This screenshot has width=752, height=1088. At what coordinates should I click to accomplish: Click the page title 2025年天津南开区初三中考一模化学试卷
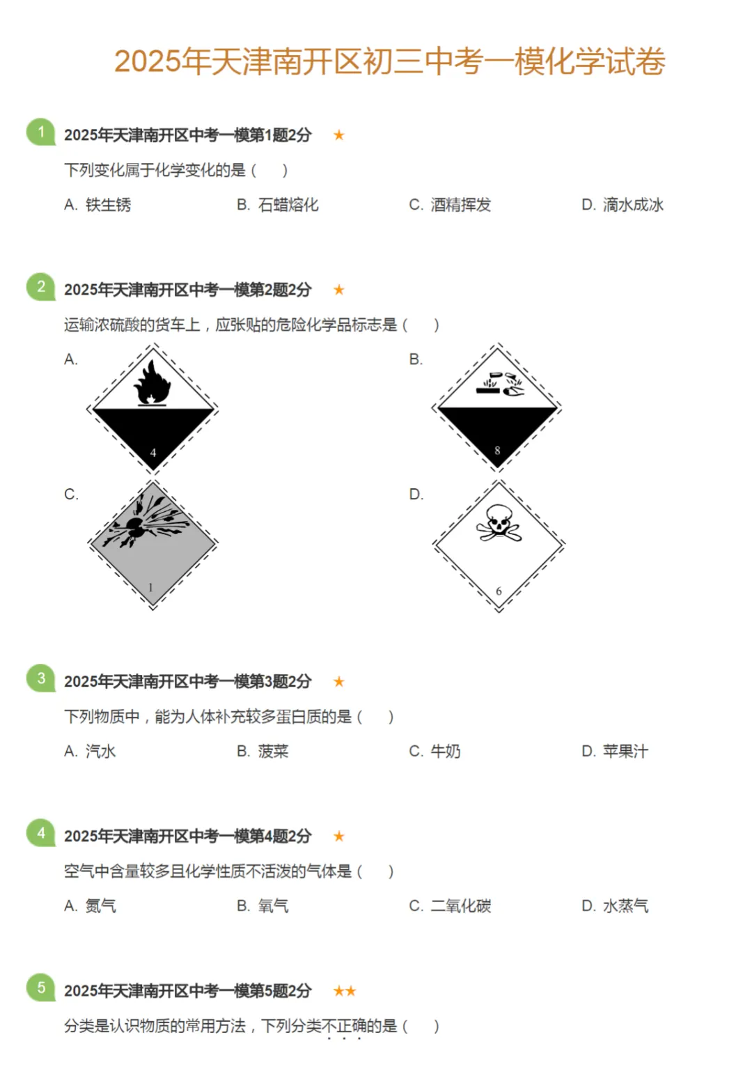(389, 62)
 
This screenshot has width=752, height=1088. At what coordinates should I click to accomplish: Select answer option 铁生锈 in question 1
(107, 205)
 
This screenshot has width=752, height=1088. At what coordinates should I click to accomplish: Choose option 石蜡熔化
(288, 205)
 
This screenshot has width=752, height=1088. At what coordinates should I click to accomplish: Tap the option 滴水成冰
(632, 205)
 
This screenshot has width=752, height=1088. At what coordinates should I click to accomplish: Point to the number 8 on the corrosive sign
(497, 451)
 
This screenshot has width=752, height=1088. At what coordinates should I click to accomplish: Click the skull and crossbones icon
(499, 523)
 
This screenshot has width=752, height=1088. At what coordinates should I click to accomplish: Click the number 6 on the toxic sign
(499, 591)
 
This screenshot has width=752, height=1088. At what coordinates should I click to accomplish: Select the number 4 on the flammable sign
(153, 453)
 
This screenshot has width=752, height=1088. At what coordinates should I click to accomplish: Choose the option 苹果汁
(625, 752)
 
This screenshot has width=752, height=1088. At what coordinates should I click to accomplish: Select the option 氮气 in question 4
(100, 906)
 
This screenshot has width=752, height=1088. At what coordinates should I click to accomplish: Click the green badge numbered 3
(41, 678)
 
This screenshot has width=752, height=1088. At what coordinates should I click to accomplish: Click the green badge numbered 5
(41, 988)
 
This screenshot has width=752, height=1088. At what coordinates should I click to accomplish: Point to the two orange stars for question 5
(345, 991)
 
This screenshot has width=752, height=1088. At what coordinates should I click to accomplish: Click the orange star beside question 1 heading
(339, 135)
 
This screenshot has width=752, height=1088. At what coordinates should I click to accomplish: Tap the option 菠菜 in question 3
(272, 752)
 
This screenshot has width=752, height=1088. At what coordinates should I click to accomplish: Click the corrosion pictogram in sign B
(499, 384)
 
